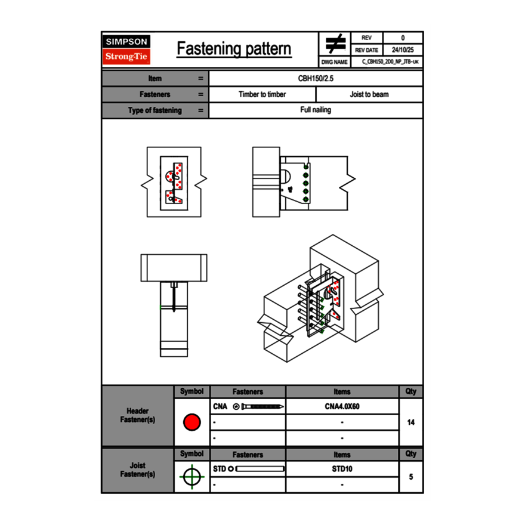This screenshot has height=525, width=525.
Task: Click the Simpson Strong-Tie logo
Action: pyautogui.click(x=126, y=50)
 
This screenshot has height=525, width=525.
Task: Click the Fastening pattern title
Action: pyautogui.click(x=234, y=49)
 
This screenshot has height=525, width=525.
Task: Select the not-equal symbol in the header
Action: pyautogui.click(x=335, y=44)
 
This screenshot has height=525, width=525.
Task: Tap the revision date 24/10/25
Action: pyautogui.click(x=402, y=50)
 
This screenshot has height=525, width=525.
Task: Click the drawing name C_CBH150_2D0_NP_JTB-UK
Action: pyautogui.click(x=390, y=62)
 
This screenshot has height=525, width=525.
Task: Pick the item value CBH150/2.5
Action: pyautogui.click(x=316, y=78)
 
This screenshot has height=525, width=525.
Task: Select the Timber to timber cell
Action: pyautogui.click(x=262, y=94)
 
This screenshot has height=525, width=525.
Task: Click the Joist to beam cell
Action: pyautogui.click(x=369, y=94)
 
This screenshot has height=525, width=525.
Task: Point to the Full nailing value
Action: pyautogui.click(x=316, y=110)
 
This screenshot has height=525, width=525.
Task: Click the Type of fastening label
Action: pyautogui.click(x=155, y=110)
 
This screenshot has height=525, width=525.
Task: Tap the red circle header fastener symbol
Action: pyautogui.click(x=192, y=422)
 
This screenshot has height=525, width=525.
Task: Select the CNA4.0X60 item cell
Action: pyautogui.click(x=342, y=407)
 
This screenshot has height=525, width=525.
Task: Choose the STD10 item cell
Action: pyautogui.click(x=342, y=469)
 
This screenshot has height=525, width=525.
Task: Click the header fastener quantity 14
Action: pyautogui.click(x=410, y=422)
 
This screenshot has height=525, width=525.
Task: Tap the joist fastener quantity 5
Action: pyautogui.click(x=410, y=477)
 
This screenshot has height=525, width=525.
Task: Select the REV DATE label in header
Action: pyautogui.click(x=367, y=50)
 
